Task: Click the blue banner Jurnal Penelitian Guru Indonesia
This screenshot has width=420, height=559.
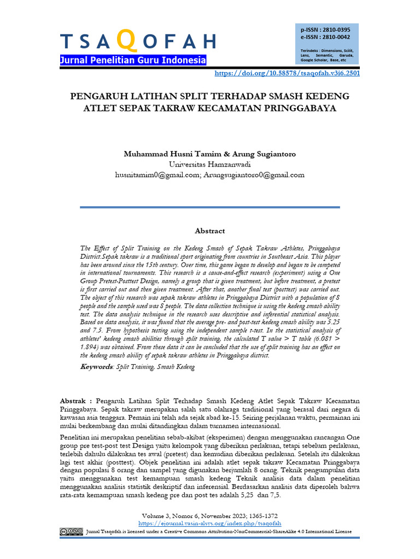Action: point(133,60)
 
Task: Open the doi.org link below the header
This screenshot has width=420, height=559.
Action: point(287,73)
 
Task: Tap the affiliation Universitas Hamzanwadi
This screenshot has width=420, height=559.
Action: point(209,164)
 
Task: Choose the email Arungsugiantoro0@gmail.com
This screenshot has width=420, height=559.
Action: point(254,175)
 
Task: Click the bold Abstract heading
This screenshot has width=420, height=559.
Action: point(209,231)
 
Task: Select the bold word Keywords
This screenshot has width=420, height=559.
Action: point(96,367)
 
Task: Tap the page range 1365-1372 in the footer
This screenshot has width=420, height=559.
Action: point(258,515)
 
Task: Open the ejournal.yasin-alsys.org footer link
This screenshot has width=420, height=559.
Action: point(209,522)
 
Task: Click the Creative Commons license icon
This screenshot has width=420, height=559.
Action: point(72,531)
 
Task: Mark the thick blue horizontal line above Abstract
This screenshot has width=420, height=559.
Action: point(209,207)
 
